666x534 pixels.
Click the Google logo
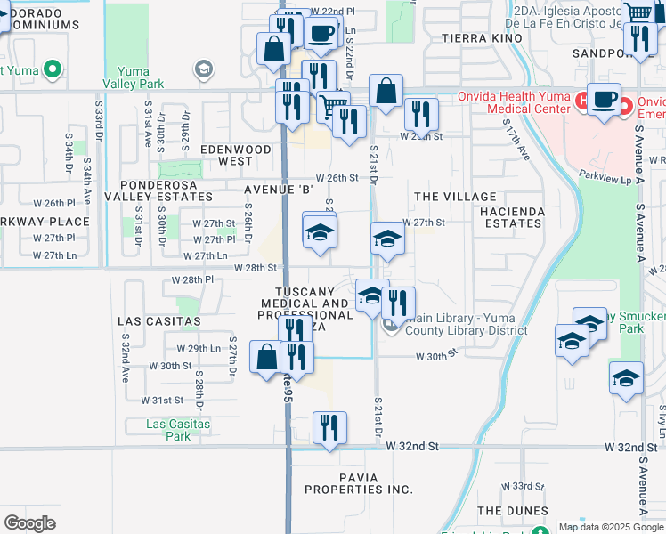tap(29, 523)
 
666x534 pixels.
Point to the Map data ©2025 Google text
tap(611, 527)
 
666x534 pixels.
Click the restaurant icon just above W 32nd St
tap(329, 430)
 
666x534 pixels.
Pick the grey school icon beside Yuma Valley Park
tap(204, 69)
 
